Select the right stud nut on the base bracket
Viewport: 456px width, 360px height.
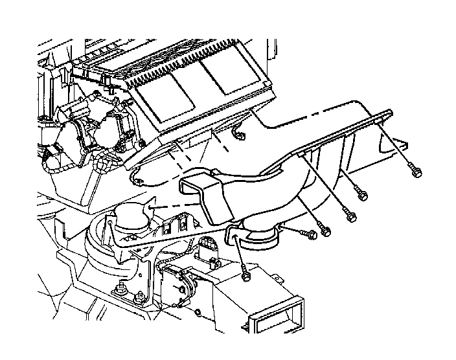coord(140,300)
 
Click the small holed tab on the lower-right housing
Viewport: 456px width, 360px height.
coord(277,279)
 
